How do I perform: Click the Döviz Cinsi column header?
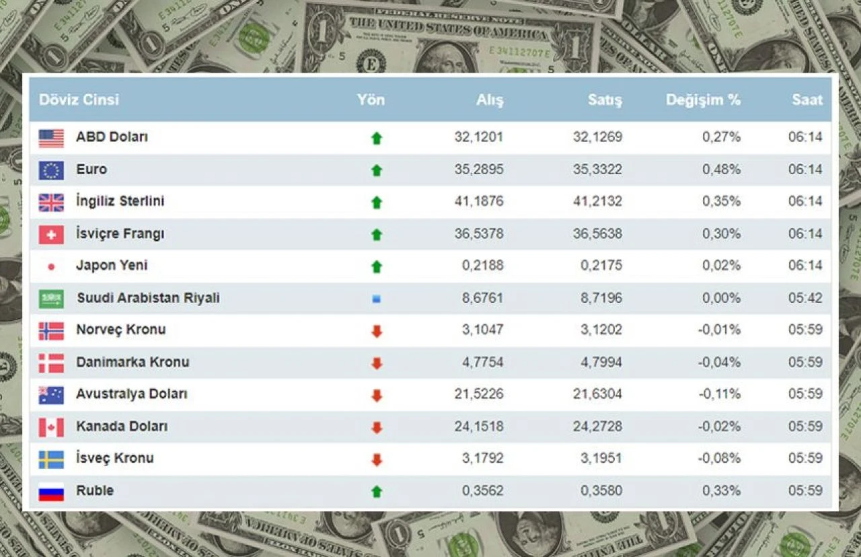coord(79,100)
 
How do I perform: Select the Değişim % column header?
coord(703,100)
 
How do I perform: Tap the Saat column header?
coord(807,100)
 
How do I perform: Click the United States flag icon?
coord(51,138)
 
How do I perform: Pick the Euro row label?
coord(91,169)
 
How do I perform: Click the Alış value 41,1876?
coord(478,201)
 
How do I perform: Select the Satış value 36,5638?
coord(597,233)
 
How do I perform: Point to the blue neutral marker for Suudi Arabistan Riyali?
coord(377,298)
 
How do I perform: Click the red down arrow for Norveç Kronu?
coord(377,330)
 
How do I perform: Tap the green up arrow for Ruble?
coord(377,492)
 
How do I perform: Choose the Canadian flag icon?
coord(51,427)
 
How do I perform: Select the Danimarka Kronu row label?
coord(133,362)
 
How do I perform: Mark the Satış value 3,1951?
coord(601,458)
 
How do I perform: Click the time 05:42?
coord(805,297)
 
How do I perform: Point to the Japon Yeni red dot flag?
coord(51,267)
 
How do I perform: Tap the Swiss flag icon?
coord(51,235)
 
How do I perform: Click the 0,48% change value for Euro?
coord(721,169)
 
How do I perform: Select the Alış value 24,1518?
coord(478,426)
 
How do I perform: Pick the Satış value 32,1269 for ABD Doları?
coord(597,137)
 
